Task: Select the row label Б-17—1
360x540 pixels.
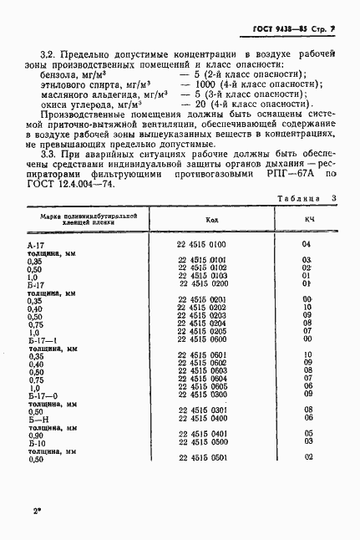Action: (42, 339)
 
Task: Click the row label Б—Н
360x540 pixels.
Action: (38, 418)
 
